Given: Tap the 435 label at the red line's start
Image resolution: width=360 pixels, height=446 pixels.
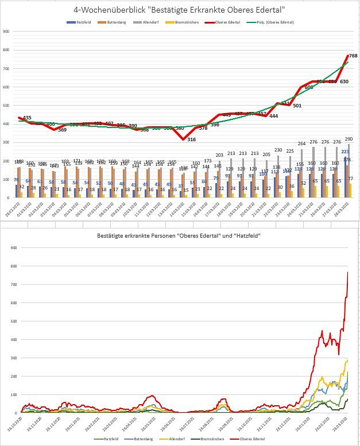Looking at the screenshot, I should pyautogui.click(x=27, y=118).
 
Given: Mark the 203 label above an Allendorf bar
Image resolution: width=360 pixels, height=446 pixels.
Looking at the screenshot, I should pyautogui.click(x=219, y=156).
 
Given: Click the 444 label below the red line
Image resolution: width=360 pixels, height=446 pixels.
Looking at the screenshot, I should pyautogui.click(x=274, y=116).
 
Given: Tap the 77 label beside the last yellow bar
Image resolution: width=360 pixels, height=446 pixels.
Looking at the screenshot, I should pyautogui.click(x=351, y=179).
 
